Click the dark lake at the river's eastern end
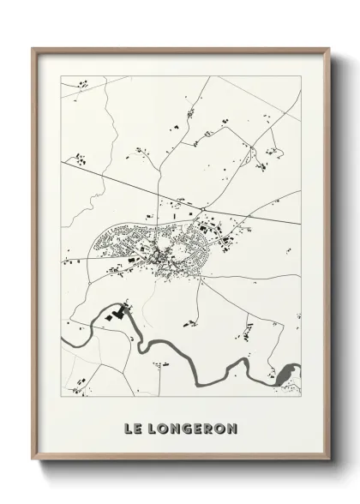(285, 375)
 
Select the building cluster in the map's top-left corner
(82, 85)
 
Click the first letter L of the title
(129, 428)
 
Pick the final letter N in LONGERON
(233, 428)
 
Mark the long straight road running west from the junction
(103, 174)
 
